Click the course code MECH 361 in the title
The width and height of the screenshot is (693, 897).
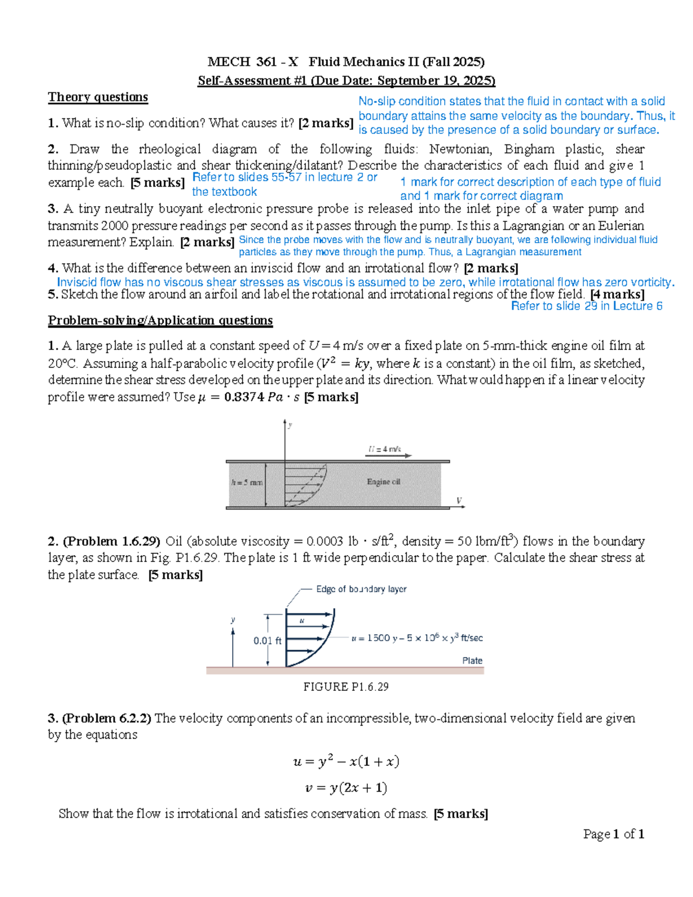click(229, 62)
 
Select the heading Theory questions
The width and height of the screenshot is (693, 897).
click(98, 97)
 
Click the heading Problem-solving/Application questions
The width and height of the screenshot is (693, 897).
click(160, 320)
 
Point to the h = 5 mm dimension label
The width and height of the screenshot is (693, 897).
click(247, 482)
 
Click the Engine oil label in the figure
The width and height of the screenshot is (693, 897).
click(383, 482)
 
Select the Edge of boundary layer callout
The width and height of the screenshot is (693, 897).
click(361, 589)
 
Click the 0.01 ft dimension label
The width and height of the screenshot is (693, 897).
click(267, 641)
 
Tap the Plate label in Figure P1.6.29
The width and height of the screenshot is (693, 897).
click(472, 660)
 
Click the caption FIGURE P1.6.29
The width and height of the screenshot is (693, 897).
click(346, 687)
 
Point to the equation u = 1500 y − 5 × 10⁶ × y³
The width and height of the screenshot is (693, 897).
click(417, 638)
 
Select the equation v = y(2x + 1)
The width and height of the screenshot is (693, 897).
click(346, 788)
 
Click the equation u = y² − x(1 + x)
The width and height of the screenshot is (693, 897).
click(346, 761)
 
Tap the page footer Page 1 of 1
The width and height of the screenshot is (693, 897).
click(613, 833)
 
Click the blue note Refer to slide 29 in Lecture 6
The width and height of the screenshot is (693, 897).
click(587, 306)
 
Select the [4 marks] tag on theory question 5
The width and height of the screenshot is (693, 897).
click(617, 295)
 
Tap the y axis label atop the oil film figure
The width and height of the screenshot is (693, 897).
click(290, 425)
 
